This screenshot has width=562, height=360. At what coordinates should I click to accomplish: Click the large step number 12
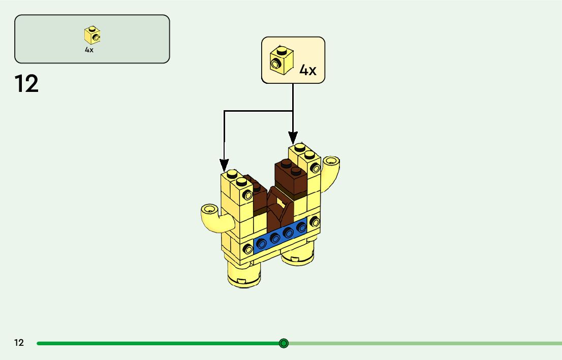click(x=26, y=84)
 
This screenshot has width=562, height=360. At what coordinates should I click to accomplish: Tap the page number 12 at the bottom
click(x=19, y=343)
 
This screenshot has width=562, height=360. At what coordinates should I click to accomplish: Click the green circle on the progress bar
click(x=284, y=343)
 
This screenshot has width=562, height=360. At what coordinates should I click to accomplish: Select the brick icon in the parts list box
click(x=92, y=35)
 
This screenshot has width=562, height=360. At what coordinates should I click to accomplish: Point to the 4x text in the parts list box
click(x=89, y=50)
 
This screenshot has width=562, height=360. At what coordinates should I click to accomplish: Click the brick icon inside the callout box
click(x=279, y=59)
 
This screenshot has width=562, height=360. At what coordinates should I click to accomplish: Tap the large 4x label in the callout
click(x=308, y=70)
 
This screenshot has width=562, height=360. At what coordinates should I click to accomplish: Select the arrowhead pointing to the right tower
click(x=293, y=137)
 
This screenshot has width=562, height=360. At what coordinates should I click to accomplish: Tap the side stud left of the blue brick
click(x=248, y=249)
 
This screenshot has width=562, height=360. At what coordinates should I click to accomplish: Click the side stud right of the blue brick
click(x=315, y=221)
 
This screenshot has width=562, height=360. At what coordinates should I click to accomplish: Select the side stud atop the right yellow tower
click(x=316, y=167)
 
